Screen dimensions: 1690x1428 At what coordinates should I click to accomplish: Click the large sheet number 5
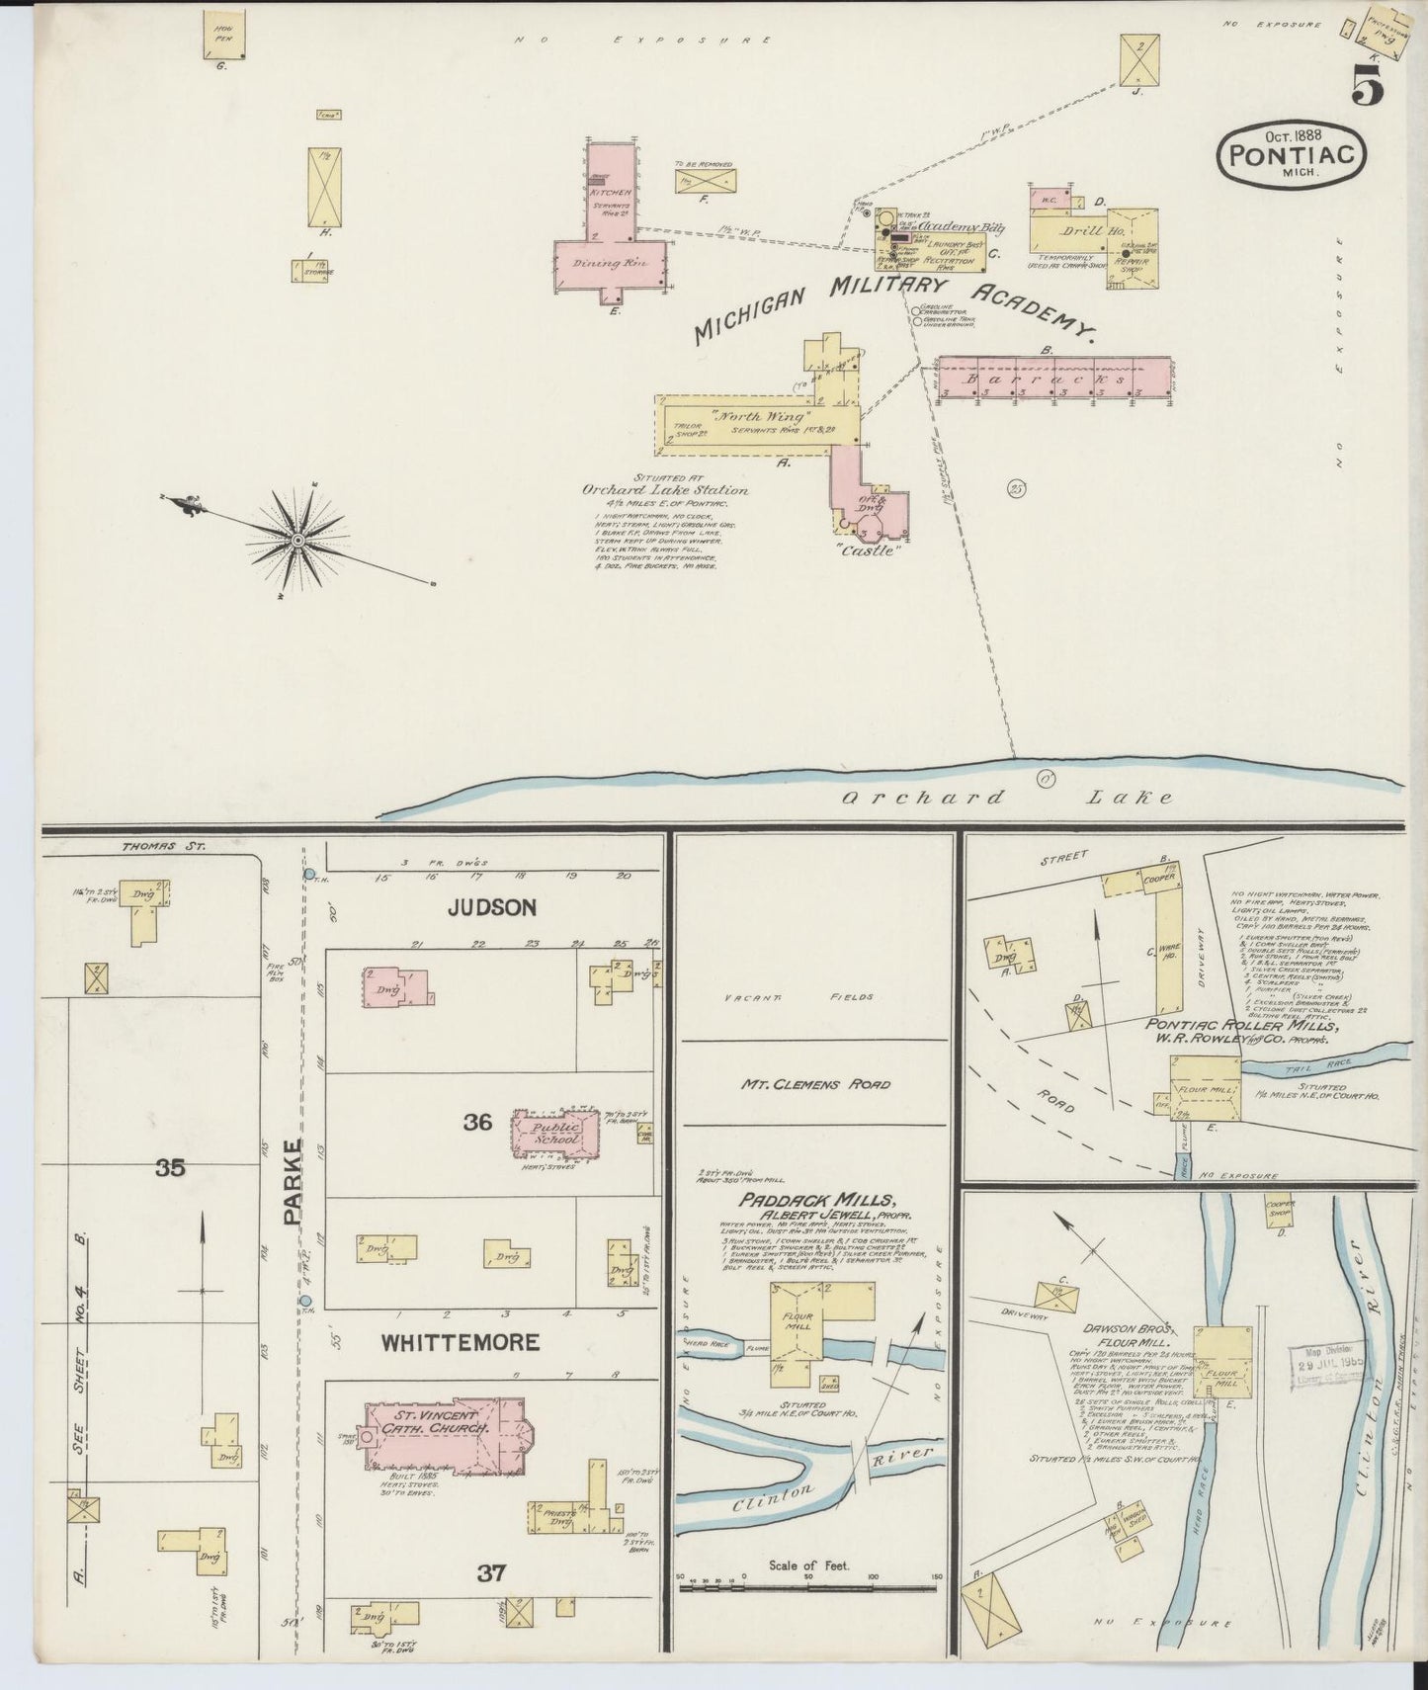coord(1368,84)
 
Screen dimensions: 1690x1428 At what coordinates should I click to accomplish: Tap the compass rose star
coord(296,539)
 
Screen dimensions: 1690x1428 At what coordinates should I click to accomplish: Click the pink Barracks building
coord(1053,378)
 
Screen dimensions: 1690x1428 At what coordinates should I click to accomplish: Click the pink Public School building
coord(556,1134)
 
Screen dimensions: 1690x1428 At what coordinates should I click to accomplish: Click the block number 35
coord(170,1168)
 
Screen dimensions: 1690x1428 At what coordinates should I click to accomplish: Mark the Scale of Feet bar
coord(808,1616)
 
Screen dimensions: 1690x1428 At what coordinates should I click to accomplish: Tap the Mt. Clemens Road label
coord(816,1084)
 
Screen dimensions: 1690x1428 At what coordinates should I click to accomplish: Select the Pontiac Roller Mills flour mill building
coord(1206,1087)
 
